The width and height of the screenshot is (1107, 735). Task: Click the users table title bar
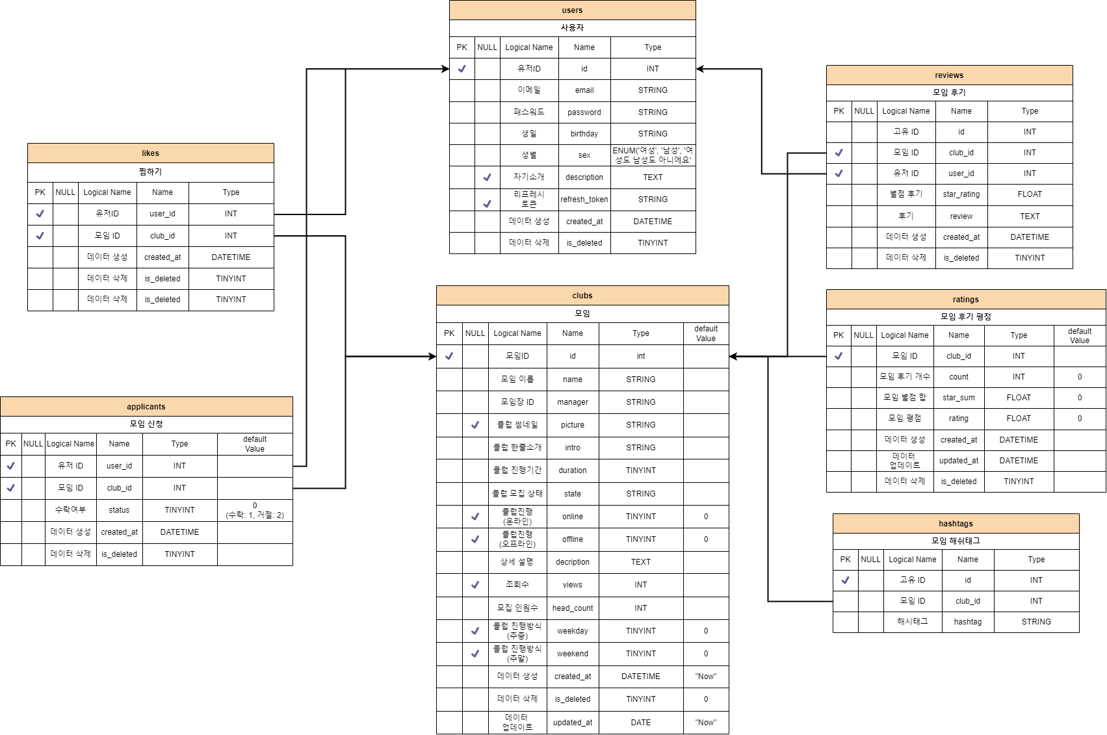click(572, 10)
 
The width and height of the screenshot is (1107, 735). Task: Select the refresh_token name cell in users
click(584, 200)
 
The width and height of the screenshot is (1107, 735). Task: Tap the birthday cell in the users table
click(584, 134)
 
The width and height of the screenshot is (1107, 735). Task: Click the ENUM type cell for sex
click(653, 155)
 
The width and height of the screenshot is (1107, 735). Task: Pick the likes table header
click(150, 153)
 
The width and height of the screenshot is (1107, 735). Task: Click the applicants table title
click(146, 407)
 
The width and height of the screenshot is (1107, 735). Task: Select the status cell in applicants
click(119, 510)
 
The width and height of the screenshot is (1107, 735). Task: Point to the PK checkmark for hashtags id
click(845, 580)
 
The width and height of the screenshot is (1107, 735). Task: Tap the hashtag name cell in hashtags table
click(967, 622)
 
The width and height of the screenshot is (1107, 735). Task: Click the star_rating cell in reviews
click(961, 194)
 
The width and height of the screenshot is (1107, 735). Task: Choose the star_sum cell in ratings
click(958, 398)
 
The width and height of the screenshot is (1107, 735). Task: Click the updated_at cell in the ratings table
click(958, 461)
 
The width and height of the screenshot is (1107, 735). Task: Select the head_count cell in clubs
click(572, 608)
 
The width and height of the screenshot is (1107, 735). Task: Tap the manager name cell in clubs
click(572, 402)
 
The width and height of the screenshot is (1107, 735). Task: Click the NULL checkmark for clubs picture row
click(475, 425)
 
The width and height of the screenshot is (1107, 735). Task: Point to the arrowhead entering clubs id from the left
click(432, 356)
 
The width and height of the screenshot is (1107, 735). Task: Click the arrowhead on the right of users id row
click(700, 69)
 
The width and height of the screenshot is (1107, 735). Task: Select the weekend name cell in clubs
click(572, 654)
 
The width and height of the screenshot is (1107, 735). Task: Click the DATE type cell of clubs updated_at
click(640, 723)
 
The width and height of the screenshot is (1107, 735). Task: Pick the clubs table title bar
click(582, 296)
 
